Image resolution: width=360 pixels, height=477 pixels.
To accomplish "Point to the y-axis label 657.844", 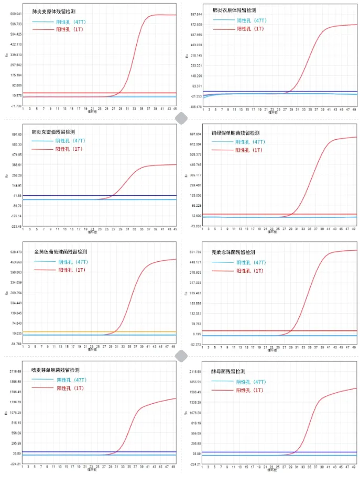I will click(x=196, y=14).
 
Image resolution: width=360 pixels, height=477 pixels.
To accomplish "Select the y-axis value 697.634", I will click(x=196, y=134).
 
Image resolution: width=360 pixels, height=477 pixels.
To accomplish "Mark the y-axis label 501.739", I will click(x=196, y=252).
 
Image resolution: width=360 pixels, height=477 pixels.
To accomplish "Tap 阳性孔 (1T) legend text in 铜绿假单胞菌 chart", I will click(x=248, y=150).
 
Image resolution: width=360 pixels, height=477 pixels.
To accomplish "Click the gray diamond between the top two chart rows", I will click(x=181, y=117).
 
